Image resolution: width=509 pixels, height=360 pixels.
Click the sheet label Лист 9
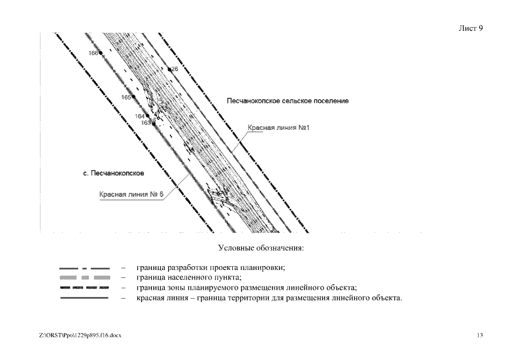(471, 28)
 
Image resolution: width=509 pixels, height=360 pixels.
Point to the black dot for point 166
(101, 53)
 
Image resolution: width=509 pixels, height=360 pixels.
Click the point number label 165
(126, 97)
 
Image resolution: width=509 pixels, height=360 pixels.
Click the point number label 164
(139, 116)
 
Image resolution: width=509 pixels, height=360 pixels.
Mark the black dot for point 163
(154, 123)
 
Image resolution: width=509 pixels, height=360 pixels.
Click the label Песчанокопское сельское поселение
(287, 101)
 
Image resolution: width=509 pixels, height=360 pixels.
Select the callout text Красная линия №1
(280, 128)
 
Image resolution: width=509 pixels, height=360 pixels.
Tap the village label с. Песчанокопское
(111, 173)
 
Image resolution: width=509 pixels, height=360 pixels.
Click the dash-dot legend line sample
(84, 268)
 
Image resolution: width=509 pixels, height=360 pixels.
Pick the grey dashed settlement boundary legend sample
(84, 278)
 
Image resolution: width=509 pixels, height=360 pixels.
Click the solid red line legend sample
(84, 298)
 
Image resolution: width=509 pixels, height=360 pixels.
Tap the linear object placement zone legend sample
(84, 287)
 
